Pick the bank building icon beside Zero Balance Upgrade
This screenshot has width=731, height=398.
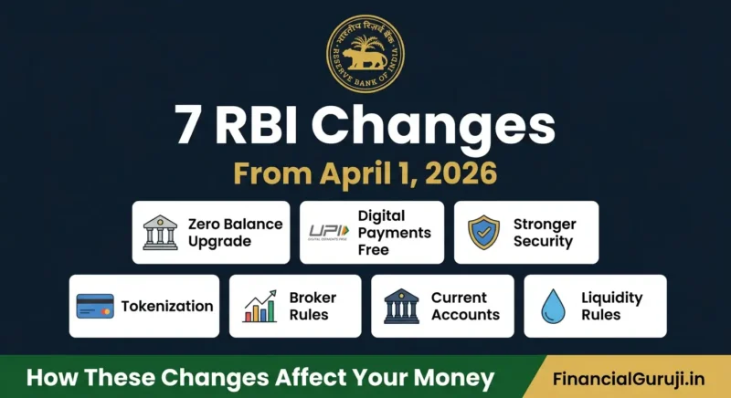point(160,233)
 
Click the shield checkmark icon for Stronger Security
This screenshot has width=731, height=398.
point(483,233)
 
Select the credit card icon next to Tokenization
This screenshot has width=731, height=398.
point(95,307)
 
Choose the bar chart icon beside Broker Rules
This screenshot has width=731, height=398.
point(260,307)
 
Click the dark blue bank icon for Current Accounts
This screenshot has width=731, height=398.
point(402,307)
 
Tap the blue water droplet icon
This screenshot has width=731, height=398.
point(552,307)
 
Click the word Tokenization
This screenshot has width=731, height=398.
point(167,307)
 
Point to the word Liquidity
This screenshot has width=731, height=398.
point(612,298)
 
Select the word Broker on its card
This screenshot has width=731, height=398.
point(313,298)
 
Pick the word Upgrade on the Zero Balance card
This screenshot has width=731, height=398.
point(218,242)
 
